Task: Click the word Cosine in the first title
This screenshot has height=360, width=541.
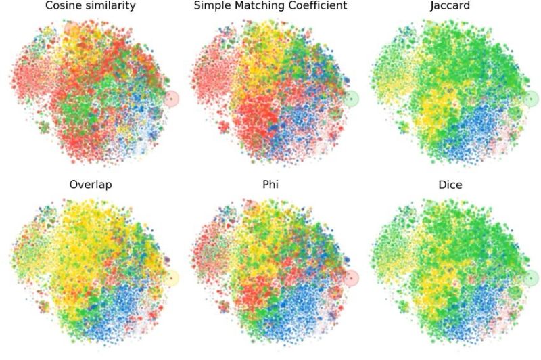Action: [62, 6]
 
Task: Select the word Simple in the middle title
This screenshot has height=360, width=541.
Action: [212, 6]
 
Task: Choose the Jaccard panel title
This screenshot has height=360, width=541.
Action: [450, 6]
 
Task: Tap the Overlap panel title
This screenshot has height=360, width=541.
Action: [91, 185]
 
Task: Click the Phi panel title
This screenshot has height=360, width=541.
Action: [270, 185]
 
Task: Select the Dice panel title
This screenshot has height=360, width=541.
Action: [450, 185]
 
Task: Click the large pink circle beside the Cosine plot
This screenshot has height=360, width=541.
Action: [172, 99]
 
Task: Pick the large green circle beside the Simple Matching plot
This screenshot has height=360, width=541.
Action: [351, 99]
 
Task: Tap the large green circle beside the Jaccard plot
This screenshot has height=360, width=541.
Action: [531, 99]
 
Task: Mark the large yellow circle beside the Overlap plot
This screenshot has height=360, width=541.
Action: [172, 278]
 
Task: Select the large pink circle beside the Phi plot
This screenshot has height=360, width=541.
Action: [351, 278]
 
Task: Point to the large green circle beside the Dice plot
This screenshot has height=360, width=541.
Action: [531, 278]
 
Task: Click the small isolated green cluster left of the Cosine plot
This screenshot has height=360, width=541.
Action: [45, 127]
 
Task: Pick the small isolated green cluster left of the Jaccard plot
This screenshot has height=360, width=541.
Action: [404, 127]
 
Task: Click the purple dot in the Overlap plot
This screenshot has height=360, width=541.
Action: [167, 261]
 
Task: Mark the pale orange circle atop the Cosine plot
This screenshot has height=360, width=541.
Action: [71, 29]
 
